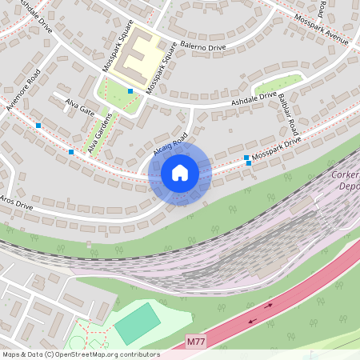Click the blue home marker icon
[180, 173]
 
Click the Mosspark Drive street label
[276, 149]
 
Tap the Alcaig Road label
[169, 144]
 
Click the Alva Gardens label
[101, 131]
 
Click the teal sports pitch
[138, 324]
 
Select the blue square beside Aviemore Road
[38, 125]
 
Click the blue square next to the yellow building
[130, 91]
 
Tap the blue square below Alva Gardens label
[71, 151]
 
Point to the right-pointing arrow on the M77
[270, 305]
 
